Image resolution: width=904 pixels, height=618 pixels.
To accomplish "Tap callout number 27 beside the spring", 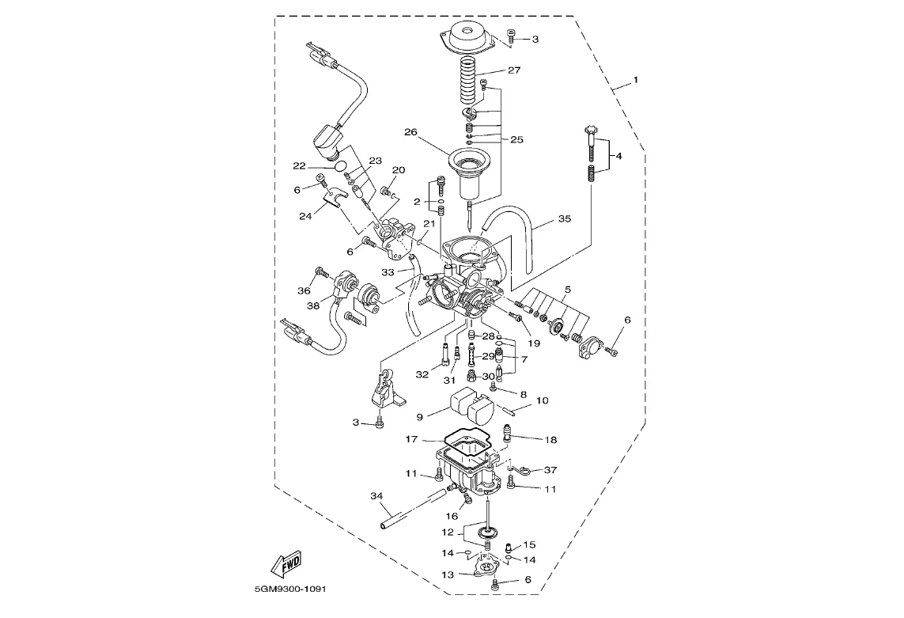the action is point(513,70).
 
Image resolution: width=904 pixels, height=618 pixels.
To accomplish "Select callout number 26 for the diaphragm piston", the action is point(410,132).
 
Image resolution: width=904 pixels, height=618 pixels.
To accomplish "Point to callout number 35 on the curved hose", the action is point(565,218).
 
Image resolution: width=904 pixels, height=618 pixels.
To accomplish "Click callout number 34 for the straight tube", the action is point(376,495).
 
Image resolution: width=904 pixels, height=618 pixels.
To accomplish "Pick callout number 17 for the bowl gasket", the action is point(411,439).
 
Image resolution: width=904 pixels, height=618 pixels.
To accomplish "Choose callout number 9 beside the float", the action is point(420,417).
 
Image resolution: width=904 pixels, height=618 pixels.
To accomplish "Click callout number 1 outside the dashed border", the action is point(636,80).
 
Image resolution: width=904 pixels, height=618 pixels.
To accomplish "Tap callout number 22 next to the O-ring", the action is point(299,166).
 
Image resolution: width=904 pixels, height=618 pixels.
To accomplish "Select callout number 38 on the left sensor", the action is point(313,305).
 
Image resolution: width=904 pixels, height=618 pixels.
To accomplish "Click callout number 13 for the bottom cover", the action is point(448,574).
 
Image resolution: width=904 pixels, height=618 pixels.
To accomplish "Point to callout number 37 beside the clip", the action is point(550,470).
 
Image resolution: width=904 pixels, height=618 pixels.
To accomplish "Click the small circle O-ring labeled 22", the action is point(342,166).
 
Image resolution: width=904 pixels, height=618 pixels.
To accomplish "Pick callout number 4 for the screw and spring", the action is point(618,156).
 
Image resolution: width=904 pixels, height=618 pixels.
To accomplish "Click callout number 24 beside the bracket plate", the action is point(305,216).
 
